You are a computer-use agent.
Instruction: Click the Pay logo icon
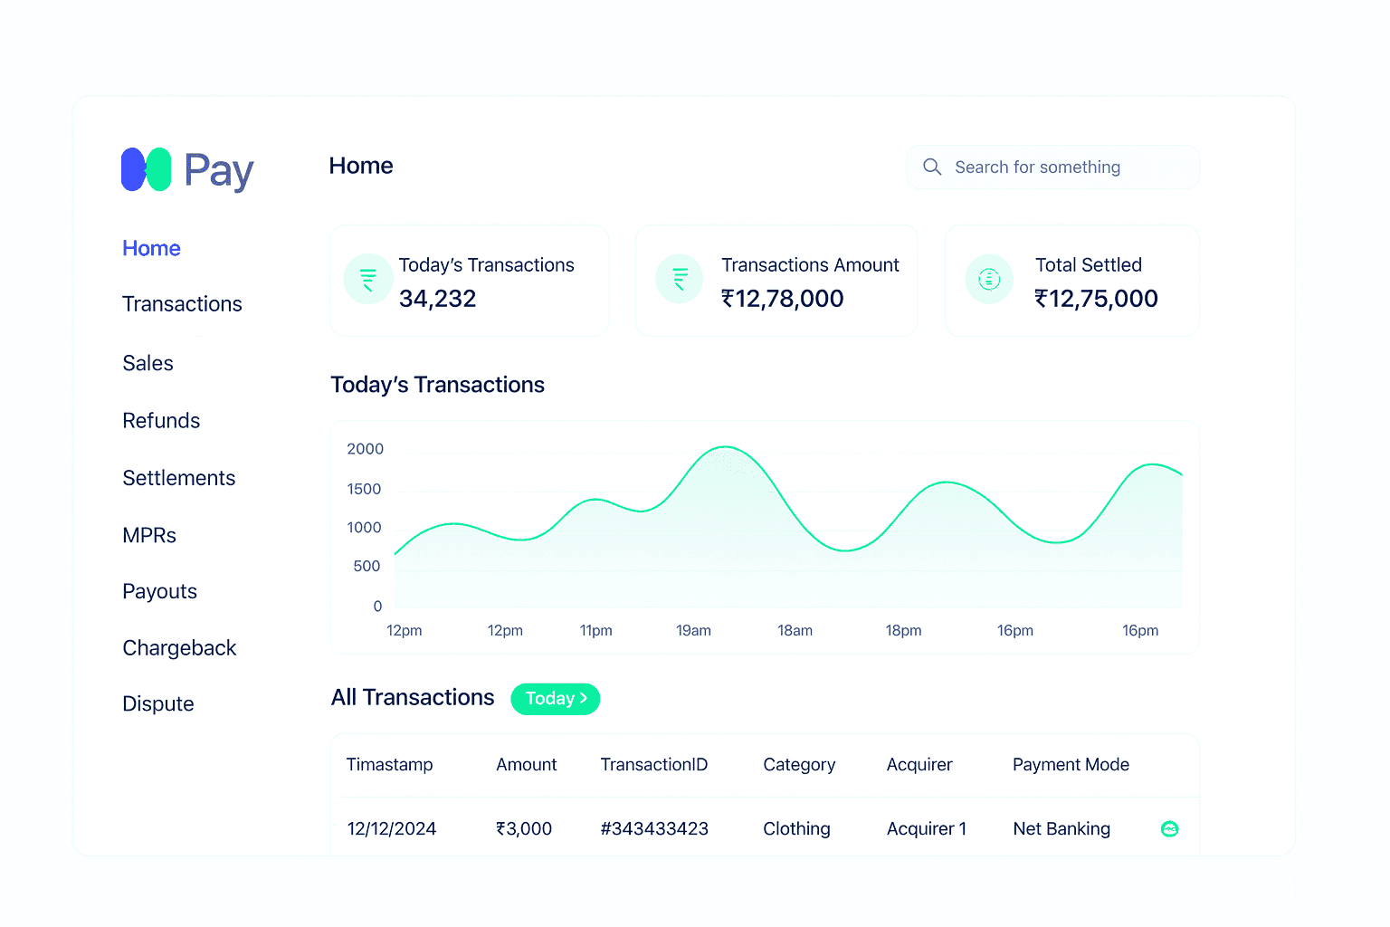[x=147, y=169]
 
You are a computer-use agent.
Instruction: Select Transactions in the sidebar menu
[x=182, y=304]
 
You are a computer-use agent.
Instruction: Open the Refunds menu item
[x=161, y=421]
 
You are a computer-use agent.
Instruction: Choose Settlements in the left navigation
[x=178, y=478]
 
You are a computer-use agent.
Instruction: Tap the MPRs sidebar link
[x=149, y=536]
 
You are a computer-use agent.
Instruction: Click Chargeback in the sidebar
[x=179, y=648]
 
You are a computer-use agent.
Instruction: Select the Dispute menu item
[x=158, y=704]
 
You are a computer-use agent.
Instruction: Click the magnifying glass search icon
[x=932, y=167]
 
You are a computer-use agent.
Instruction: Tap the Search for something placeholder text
[x=1037, y=167]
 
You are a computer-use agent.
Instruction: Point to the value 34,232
[x=437, y=299]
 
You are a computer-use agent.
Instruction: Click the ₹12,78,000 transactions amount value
[x=782, y=299]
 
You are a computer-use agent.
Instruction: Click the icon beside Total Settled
[x=989, y=280]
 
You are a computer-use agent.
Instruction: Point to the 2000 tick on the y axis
[x=365, y=449]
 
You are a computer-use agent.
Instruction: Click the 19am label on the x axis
[x=693, y=631]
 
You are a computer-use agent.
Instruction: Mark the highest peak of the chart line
[x=725, y=447]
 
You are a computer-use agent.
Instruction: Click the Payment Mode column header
[x=1071, y=765]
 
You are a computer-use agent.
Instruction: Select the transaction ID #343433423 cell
[x=654, y=829]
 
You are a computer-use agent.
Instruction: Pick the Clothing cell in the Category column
[x=796, y=829]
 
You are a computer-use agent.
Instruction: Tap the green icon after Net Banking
[x=1169, y=829]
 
